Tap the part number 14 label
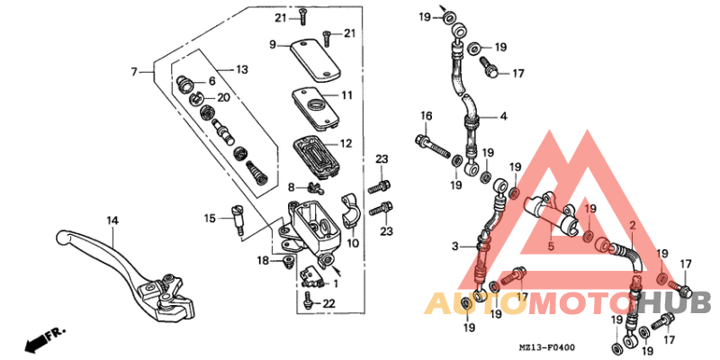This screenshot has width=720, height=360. point(112,220)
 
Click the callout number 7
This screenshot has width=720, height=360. point(134,71)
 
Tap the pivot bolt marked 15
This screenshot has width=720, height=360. point(239,220)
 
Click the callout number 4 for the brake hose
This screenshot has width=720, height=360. point(504,117)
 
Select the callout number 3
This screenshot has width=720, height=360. point(455,246)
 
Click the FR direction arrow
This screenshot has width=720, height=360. point(48,340)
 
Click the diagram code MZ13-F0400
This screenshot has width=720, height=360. point(546,346)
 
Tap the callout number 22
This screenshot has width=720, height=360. point(328,302)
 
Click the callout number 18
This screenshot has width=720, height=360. point(262,260)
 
